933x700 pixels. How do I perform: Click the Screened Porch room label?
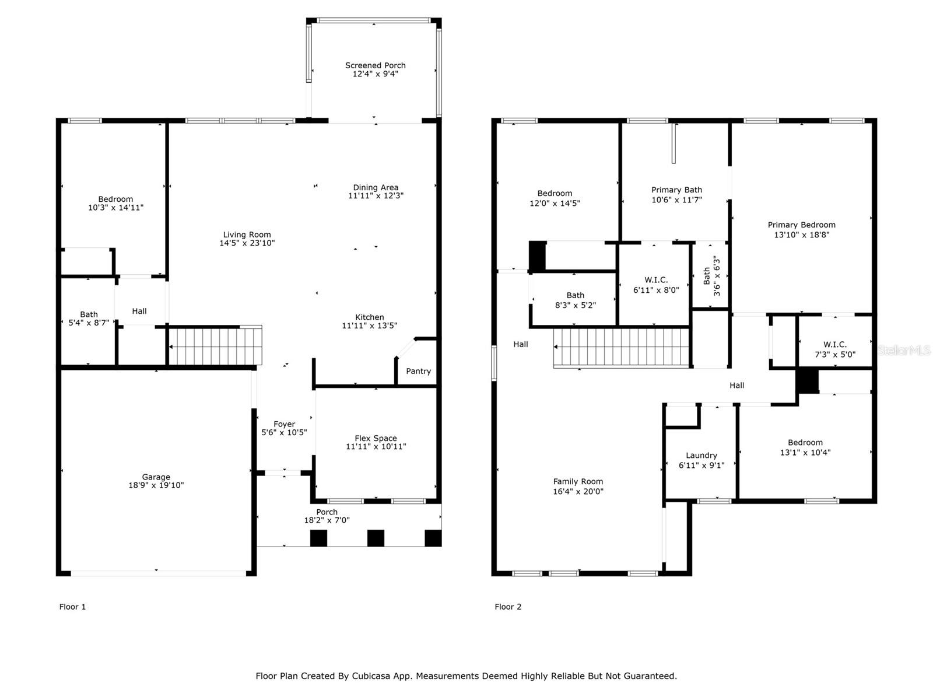375,65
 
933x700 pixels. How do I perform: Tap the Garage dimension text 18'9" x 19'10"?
156,485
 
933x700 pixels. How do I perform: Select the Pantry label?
418,372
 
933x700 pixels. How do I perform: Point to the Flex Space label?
376,438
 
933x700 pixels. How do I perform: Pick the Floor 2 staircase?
621,348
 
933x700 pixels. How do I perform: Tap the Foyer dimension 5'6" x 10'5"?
284,433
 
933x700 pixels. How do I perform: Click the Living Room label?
247,235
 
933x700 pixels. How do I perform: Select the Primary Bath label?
676,190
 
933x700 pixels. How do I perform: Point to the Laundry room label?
701,456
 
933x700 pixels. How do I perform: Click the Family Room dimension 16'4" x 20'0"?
578,492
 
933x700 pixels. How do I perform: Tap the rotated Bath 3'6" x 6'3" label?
711,276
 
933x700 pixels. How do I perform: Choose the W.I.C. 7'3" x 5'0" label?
835,349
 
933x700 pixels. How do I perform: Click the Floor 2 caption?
508,607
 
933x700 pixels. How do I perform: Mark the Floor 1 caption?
72,607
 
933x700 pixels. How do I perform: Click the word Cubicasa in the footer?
371,676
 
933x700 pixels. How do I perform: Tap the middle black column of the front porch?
376,538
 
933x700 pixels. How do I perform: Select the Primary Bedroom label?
802,225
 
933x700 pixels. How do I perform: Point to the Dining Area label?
376,187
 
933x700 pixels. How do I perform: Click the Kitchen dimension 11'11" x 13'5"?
369,326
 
